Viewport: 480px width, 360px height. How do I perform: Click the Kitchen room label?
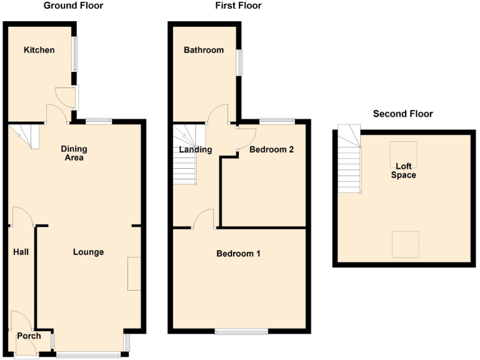(39, 50)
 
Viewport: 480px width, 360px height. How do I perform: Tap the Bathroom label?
(203, 50)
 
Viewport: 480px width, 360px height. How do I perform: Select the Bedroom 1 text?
(238, 254)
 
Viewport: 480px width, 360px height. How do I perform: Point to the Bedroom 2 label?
(271, 150)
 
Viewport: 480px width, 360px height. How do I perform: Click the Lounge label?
(88, 252)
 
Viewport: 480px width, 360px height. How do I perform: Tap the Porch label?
(29, 336)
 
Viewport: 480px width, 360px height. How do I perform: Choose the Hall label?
(21, 252)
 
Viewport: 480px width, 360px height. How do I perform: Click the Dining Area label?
(74, 153)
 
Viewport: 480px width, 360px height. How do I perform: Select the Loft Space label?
(404, 171)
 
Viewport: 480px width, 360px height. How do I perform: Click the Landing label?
(195, 150)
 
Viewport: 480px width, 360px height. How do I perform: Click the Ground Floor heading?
(74, 6)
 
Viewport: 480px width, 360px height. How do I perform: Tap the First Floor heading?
(238, 6)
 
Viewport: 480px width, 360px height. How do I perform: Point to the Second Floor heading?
(402, 114)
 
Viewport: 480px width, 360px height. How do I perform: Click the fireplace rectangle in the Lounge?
(134, 273)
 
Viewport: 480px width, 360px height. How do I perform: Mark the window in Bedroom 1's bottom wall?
(241, 331)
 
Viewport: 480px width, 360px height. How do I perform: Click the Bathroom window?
(239, 62)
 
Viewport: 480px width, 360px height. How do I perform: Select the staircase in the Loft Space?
(349, 161)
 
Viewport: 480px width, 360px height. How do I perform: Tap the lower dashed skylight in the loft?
(405, 244)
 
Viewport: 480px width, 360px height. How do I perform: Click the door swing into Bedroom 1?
(204, 219)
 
